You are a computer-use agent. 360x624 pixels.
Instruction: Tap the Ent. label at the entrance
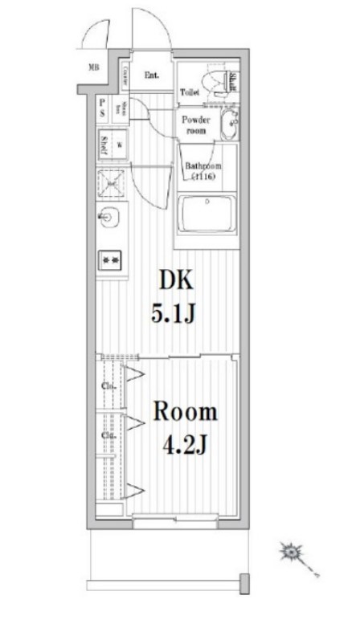[x=151, y=76]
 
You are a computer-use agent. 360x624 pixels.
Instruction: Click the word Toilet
[x=190, y=92]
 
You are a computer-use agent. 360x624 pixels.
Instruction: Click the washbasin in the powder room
[x=231, y=124]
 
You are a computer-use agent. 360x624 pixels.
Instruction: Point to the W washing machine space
[x=119, y=145]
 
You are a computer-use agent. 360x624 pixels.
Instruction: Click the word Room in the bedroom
[x=185, y=413]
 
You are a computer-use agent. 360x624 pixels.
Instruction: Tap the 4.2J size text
[x=185, y=443]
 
